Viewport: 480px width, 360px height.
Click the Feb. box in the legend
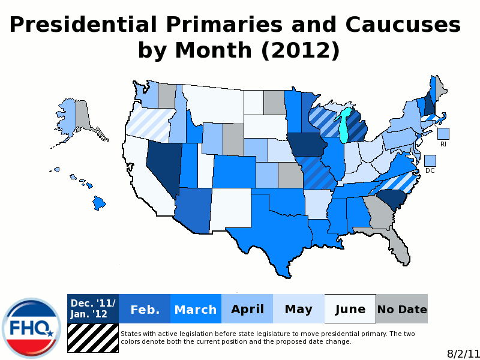coord(145,309)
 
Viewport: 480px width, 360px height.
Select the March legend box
coord(196,309)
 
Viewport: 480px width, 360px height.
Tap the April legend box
coord(247,309)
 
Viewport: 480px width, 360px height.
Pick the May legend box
coord(298,309)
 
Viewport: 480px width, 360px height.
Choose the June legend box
coord(350,309)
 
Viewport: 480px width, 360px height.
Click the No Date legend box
coord(402,309)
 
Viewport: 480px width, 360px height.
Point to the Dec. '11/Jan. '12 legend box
coord(93,309)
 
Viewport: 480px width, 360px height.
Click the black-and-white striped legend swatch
coord(93,338)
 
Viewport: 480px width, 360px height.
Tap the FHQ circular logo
coord(31,327)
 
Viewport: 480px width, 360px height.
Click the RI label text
coord(443,144)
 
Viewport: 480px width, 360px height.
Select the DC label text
coord(430,170)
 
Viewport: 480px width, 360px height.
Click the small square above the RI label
coord(443,134)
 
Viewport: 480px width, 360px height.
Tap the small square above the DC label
coord(430,160)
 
